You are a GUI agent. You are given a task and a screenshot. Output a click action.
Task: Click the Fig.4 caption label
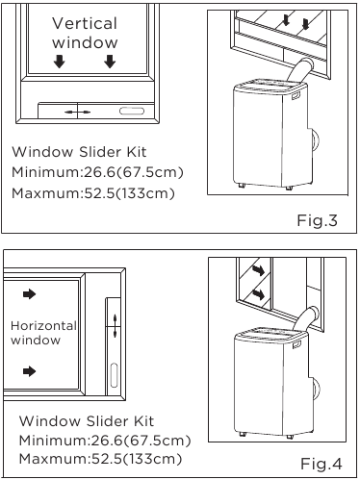pos(321,465)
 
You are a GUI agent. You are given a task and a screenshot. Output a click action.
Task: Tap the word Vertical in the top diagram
pos(85,23)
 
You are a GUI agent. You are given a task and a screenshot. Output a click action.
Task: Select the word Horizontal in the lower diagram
pos(43,326)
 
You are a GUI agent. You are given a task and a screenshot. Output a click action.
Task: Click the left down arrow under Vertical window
pos(59,63)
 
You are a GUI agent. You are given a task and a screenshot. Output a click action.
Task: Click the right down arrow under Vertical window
pos(110,63)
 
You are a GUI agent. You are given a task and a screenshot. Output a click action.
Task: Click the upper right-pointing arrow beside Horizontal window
pos(30,292)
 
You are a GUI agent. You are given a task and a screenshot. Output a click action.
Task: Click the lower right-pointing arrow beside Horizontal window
pos(30,370)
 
